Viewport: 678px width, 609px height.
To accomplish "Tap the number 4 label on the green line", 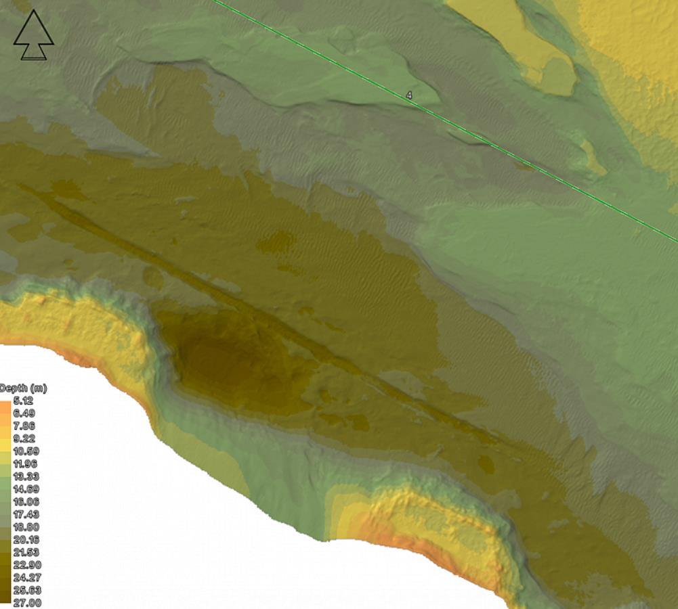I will point(409,95).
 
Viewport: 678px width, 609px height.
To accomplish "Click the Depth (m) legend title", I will point(23,388).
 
